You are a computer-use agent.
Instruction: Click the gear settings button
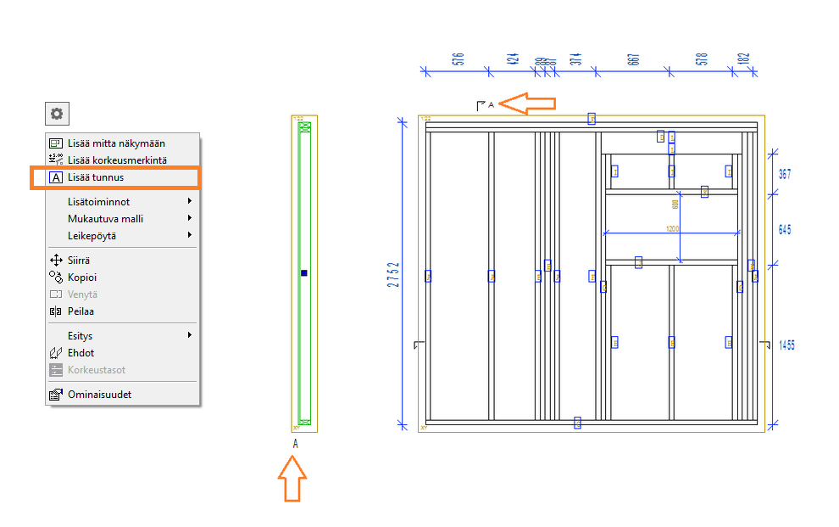click(x=57, y=114)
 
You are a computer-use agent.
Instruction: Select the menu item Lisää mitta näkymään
click(x=116, y=143)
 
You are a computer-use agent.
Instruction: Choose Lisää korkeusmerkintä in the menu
click(x=117, y=160)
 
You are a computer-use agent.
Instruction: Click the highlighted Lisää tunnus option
click(x=96, y=177)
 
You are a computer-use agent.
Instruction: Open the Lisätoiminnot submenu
click(x=98, y=201)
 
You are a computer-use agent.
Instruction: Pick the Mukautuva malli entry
click(x=105, y=218)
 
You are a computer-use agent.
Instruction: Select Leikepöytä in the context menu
click(x=92, y=235)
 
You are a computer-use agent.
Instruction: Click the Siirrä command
click(x=79, y=261)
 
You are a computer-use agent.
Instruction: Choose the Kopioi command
click(x=82, y=278)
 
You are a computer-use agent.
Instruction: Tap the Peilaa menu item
click(x=81, y=311)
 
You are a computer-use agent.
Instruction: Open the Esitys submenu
click(x=81, y=336)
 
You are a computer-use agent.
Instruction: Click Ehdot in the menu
click(x=81, y=353)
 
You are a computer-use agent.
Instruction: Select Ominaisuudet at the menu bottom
click(x=99, y=395)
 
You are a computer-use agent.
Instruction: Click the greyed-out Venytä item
click(x=82, y=294)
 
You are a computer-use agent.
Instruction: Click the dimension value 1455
click(x=786, y=345)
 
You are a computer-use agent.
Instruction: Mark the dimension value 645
click(x=785, y=230)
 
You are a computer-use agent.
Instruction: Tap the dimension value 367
click(x=785, y=175)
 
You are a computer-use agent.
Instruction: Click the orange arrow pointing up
click(x=292, y=478)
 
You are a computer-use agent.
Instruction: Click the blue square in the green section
click(x=304, y=273)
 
